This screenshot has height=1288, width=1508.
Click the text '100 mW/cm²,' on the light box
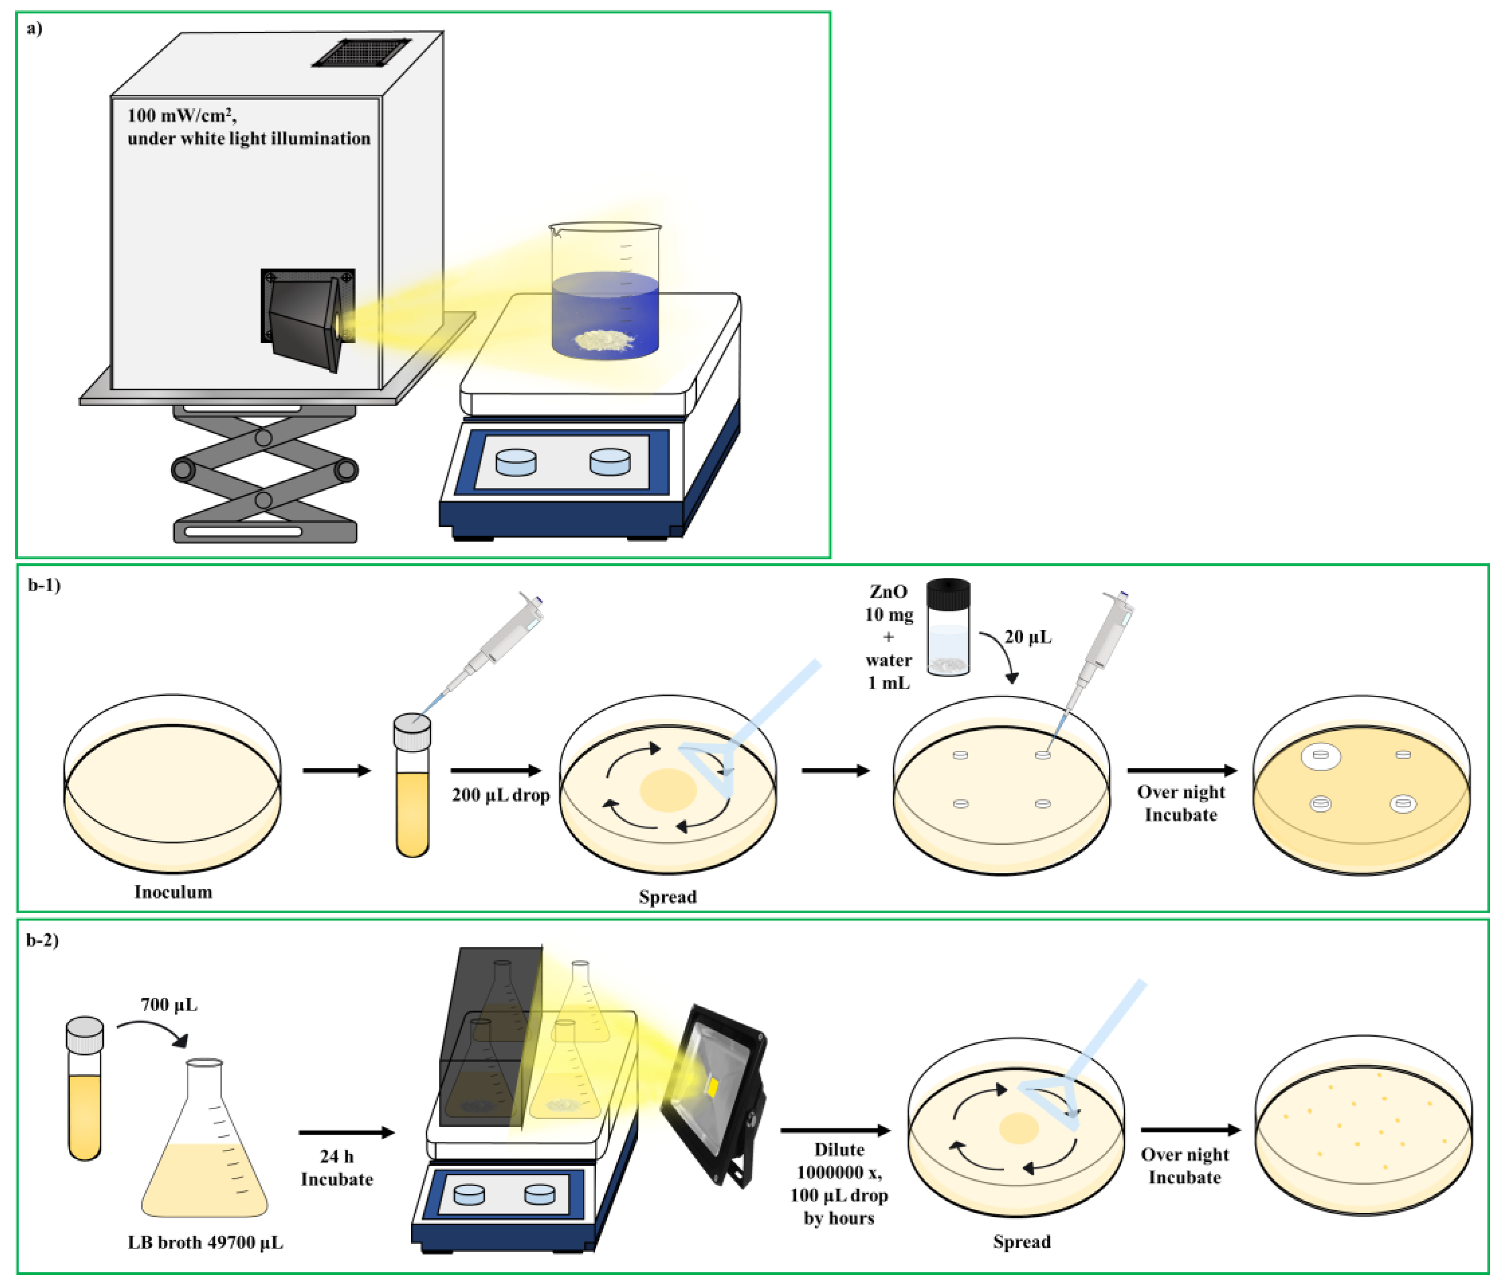tap(182, 115)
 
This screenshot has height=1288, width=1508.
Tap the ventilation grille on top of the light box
tap(362, 52)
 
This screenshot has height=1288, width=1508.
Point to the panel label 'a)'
tap(34, 29)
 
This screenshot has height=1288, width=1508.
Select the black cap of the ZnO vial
tap(948, 593)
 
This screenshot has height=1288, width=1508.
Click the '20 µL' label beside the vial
tap(1028, 637)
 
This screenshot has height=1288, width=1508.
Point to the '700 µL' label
tap(169, 1005)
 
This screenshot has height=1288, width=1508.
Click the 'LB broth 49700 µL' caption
tap(205, 1242)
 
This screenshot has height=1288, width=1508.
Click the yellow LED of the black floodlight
tap(712, 1089)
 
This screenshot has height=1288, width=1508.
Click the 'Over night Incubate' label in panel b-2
tap(1184, 1165)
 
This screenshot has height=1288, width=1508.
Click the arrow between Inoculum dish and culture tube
tap(337, 770)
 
